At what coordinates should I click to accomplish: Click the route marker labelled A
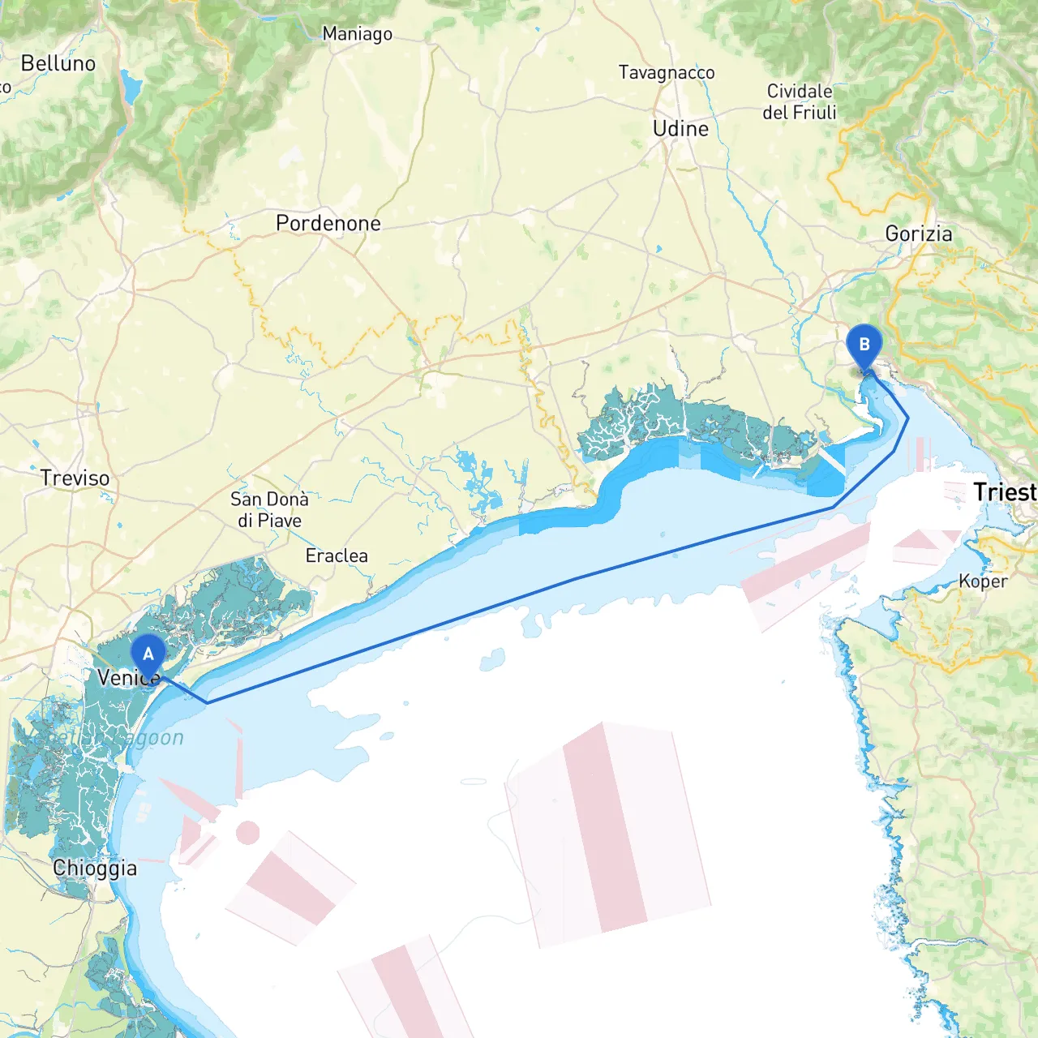148,654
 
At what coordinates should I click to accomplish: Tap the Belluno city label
58,63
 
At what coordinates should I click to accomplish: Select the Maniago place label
357,34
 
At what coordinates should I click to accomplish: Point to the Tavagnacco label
667,73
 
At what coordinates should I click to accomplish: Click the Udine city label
680,129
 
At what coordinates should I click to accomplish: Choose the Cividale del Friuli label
800,102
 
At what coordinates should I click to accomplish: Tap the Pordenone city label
328,223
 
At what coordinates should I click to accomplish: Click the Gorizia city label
919,234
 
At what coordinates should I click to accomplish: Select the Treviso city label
75,478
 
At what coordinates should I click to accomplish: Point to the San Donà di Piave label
269,510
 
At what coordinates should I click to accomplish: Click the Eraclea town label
337,556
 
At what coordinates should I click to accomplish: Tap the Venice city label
127,678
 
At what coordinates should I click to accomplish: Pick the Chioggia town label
95,869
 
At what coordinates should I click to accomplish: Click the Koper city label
983,581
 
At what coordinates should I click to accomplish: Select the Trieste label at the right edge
1005,492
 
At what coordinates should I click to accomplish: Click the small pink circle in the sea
247,833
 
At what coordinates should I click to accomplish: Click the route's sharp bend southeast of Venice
207,702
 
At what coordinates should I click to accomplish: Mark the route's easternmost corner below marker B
907,418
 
